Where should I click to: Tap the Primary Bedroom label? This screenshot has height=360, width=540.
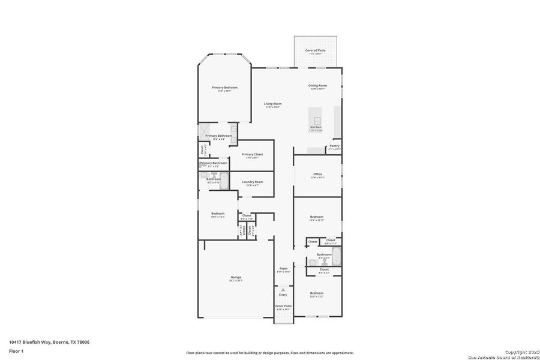click(x=224, y=88)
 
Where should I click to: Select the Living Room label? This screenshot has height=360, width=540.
click(x=273, y=104)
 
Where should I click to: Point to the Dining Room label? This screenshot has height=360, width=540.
click(x=317, y=86)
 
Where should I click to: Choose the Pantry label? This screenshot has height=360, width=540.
click(x=334, y=146)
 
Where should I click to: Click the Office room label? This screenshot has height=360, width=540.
click(x=317, y=175)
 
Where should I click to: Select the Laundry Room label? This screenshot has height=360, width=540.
click(x=252, y=182)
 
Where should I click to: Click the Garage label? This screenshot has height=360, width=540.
click(x=236, y=278)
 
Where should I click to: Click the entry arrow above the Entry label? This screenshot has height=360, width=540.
click(x=283, y=289)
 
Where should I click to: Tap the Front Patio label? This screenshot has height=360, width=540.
click(x=283, y=307)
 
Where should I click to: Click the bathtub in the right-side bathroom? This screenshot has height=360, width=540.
click(x=336, y=257)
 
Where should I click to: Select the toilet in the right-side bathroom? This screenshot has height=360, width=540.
click(x=313, y=262)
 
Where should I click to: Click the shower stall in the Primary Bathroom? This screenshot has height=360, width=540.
click(x=205, y=131)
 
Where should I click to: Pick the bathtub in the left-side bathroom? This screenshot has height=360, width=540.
click(x=224, y=180)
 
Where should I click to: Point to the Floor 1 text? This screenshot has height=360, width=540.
click(x=16, y=350)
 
